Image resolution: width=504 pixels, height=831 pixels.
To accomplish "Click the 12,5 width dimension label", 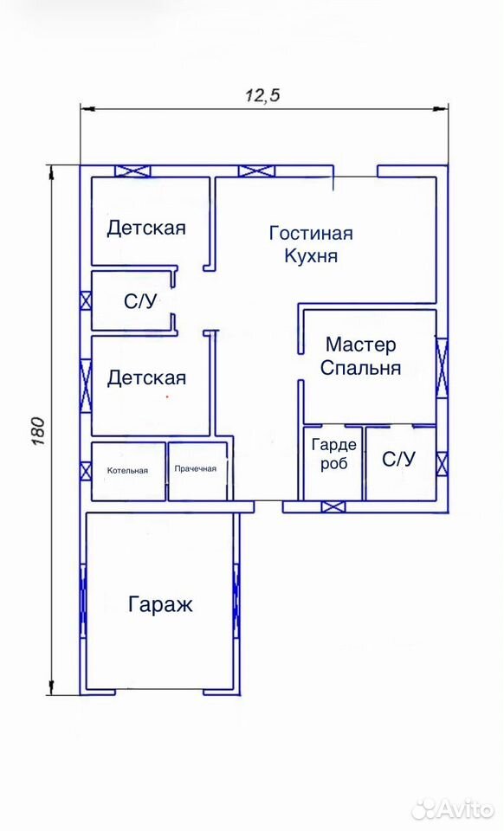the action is coord(262,95).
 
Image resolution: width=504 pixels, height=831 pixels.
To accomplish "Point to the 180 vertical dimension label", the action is coord(39,430).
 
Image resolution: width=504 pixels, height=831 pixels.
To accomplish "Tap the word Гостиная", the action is coord(311,233).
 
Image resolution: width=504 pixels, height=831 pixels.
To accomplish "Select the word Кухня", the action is coord(311,256).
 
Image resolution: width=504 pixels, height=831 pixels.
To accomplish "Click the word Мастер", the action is coord(360,345).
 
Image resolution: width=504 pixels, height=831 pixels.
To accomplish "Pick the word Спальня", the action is coord(360,369).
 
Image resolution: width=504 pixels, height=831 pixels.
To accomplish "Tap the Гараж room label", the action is coord(160,605).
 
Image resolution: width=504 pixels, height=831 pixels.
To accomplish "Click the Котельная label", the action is coord(127,471).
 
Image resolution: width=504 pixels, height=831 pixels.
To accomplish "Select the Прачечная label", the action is coord(196,469).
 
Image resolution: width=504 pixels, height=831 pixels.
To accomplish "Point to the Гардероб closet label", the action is coord(334,454).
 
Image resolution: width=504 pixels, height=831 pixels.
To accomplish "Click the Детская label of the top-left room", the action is coord(146,229).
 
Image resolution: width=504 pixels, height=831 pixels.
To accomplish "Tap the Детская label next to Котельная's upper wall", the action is coord(147,378).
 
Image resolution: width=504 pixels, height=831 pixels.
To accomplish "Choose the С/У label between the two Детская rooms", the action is coord(140,302).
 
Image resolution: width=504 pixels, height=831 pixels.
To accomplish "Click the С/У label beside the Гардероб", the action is coord(399,460).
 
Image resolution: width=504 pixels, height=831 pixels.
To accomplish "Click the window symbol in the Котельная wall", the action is coord(86,471).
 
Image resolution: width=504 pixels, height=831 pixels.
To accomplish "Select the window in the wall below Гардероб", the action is coord(333,507).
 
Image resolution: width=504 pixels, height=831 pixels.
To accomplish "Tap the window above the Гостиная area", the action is coord(257,171).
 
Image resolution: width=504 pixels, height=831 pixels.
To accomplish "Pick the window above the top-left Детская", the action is coord(133,171).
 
